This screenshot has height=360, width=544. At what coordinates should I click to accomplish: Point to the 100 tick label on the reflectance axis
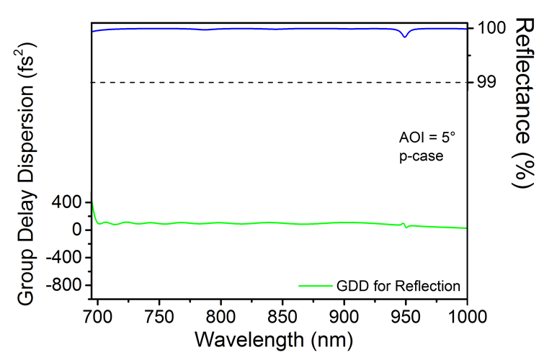pyautogui.click(x=491, y=28)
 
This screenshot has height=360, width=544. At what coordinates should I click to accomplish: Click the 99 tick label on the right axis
pyautogui.click(x=486, y=82)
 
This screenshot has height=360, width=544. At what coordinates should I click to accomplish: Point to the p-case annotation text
pyautogui.click(x=422, y=155)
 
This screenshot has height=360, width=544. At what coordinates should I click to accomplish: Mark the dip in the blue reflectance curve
pyautogui.click(x=405, y=35)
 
